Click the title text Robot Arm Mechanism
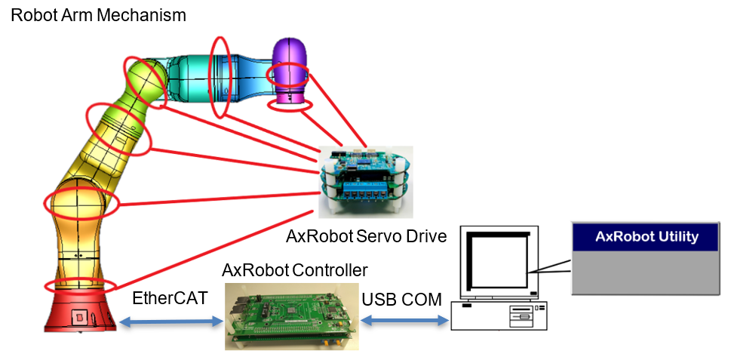(98, 14)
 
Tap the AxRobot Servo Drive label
(366, 236)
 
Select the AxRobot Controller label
(295, 269)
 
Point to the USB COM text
(401, 299)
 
